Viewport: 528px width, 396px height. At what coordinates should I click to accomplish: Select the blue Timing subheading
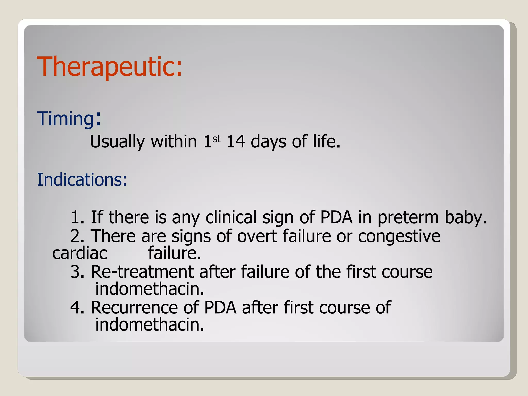[x=66, y=119]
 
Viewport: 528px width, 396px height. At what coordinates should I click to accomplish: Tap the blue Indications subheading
[x=82, y=179]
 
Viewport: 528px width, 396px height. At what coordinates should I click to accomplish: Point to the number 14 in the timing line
[x=236, y=142]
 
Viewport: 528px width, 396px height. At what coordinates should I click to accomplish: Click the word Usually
[x=117, y=142]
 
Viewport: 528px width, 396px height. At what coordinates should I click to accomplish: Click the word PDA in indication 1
[x=336, y=217]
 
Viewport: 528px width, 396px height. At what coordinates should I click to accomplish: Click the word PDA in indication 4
[x=220, y=308]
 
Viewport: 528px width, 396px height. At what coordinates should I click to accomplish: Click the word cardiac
[x=79, y=253]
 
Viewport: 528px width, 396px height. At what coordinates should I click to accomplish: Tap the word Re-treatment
[x=142, y=272]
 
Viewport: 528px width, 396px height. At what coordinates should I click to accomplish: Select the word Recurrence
[x=134, y=308]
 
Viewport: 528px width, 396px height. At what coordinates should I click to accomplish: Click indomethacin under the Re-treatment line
[x=150, y=289]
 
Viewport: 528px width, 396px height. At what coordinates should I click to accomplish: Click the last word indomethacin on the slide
[x=150, y=325]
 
